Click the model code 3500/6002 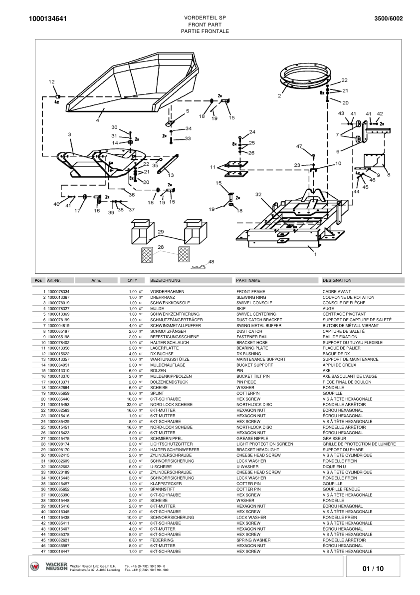389,18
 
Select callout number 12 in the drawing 52,81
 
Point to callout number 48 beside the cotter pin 211,262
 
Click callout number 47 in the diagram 299,146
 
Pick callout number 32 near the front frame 258,194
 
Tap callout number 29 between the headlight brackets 161,232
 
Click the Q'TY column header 132,281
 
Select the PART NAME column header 248,281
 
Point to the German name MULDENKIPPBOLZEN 171,376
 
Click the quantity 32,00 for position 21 132,405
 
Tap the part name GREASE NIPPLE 252,438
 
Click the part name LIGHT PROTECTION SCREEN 264,444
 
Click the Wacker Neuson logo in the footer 48,567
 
